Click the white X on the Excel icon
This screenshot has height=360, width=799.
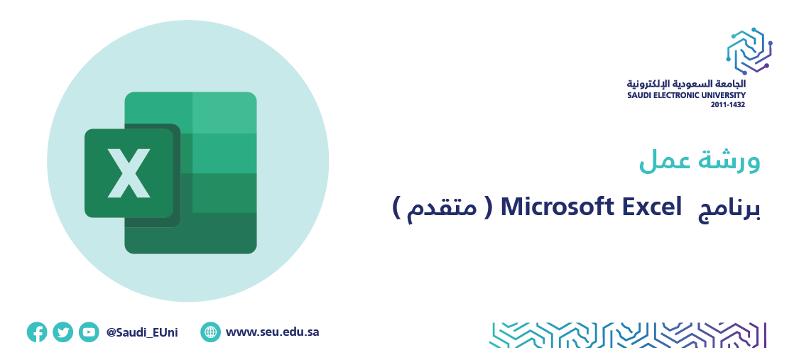[x=129, y=173]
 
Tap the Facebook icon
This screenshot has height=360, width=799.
[x=37, y=332]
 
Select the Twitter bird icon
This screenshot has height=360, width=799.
[x=62, y=332]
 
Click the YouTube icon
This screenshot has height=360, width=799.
[x=89, y=332]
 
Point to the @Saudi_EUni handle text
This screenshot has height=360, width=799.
[x=142, y=333]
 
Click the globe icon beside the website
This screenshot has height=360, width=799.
[x=210, y=332]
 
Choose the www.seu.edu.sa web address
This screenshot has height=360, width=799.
[x=273, y=332]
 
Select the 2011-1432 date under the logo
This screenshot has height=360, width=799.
[x=728, y=105]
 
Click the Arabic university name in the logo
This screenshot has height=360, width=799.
[x=686, y=84]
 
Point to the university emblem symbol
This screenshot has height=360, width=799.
[x=749, y=50]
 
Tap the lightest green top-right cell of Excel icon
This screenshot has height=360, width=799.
[x=224, y=112]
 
